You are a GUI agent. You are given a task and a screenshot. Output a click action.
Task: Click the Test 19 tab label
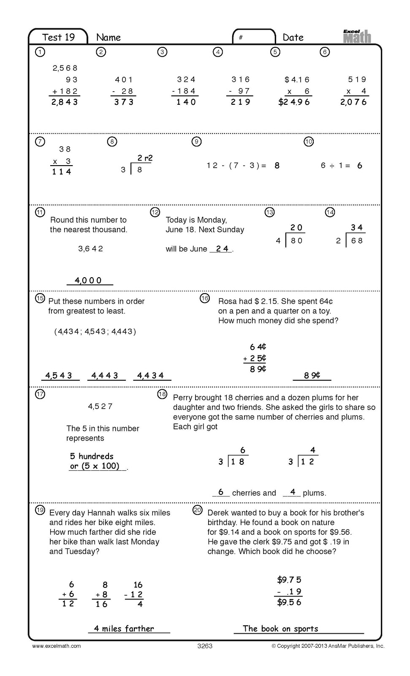[x=58, y=37]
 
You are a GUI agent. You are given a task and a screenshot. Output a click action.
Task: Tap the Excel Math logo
[x=357, y=36]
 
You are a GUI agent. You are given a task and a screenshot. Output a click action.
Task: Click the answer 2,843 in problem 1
[x=65, y=102]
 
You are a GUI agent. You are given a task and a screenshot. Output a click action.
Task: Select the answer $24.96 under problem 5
[x=294, y=102]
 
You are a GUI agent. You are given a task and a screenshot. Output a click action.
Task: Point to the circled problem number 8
[x=112, y=142]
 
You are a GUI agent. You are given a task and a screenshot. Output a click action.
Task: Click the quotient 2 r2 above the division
[x=145, y=158]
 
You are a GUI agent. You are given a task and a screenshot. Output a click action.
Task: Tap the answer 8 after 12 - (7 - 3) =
[x=277, y=166]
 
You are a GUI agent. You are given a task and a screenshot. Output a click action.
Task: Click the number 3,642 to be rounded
[x=90, y=249]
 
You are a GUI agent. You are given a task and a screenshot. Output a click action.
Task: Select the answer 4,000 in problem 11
[x=88, y=280]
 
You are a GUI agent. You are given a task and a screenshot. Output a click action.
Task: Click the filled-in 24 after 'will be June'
[x=222, y=249]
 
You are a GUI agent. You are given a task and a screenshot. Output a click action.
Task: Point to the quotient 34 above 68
[x=357, y=228]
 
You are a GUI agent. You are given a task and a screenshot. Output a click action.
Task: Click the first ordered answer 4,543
[x=59, y=375]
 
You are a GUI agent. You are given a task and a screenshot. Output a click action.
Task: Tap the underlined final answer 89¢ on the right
[x=312, y=375]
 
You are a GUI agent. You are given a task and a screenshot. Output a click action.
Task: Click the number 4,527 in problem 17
[x=100, y=406]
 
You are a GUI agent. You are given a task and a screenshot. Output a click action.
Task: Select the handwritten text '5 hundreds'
[x=92, y=456]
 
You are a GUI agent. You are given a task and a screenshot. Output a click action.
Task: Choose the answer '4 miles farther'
[x=124, y=629]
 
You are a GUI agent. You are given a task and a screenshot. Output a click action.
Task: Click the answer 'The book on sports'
[x=280, y=629]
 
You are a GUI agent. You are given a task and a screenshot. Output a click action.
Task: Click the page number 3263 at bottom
[x=205, y=646]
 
